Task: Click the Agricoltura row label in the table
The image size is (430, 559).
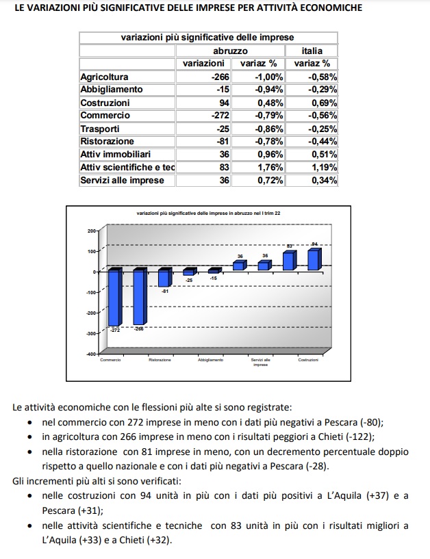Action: tap(104, 77)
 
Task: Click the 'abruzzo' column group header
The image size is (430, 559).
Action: tap(230, 51)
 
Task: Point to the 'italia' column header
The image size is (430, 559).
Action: tap(312, 51)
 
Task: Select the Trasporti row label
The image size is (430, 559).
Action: tap(100, 129)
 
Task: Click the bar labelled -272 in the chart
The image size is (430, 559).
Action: tap(114, 298)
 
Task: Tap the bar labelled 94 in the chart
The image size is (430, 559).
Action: tap(314, 260)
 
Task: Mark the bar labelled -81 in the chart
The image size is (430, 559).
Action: tap(164, 277)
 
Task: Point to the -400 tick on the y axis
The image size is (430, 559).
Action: tap(90, 354)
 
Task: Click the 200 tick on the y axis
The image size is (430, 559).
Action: tap(92, 231)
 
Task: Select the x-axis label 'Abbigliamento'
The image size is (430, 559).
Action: tap(210, 361)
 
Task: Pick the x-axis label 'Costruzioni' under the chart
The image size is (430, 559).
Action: tap(308, 361)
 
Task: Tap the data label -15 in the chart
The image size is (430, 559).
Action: tap(214, 278)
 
